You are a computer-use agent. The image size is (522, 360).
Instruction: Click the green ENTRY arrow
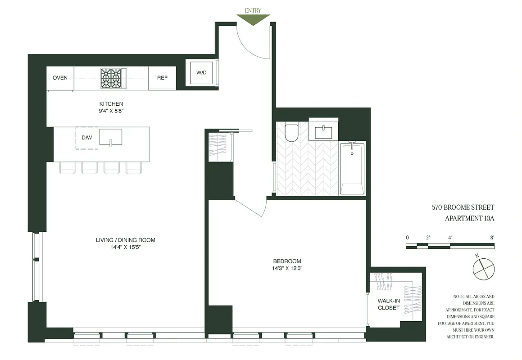pyautogui.click(x=253, y=19)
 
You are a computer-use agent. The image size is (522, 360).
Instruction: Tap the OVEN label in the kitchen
pyautogui.click(x=60, y=78)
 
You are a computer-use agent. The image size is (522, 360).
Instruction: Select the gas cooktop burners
pyautogui.click(x=111, y=78)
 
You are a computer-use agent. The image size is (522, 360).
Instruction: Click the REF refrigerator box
pyautogui.click(x=162, y=78)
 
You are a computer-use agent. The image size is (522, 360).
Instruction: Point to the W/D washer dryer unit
pyautogui.click(x=201, y=73)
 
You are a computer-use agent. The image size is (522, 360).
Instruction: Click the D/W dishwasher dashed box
pyautogui.click(x=86, y=138)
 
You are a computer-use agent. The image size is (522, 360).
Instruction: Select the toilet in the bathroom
pyautogui.click(x=292, y=132)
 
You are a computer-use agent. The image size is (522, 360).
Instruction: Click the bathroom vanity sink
pyautogui.click(x=323, y=132)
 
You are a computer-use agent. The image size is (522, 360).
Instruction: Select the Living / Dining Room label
pyautogui.click(x=125, y=240)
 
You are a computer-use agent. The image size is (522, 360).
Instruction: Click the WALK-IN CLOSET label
pyautogui.click(x=389, y=304)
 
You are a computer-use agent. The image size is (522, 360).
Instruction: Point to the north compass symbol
pyautogui.click(x=483, y=269)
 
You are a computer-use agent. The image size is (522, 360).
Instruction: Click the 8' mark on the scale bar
pyautogui.click(x=492, y=237)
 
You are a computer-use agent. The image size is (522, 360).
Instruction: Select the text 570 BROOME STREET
pyautogui.click(x=463, y=207)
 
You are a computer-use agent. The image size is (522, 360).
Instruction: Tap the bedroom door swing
pyautogui.click(x=252, y=207)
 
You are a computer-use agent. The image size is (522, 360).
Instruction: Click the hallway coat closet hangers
pyautogui.click(x=219, y=145)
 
